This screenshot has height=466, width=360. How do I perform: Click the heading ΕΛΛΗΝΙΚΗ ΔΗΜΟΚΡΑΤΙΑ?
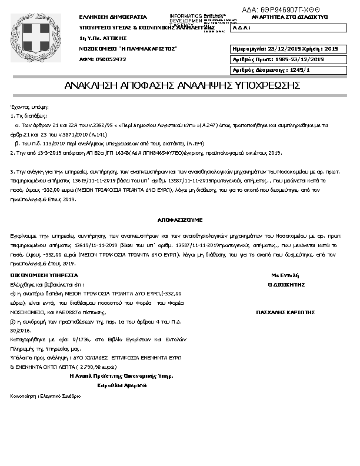pyautogui.click(x=113, y=17)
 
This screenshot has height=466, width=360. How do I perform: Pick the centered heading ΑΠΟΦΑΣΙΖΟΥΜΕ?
pyautogui.click(x=179, y=219)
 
